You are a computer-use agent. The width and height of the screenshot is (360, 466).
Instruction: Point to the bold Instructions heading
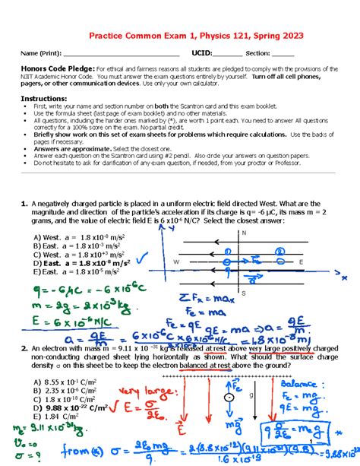[43, 99]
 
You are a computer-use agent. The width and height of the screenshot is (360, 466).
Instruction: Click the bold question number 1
[24, 204]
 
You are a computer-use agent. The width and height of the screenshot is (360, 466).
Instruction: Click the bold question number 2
[24, 347]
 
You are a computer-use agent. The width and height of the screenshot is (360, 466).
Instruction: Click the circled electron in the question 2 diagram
[227, 398]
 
